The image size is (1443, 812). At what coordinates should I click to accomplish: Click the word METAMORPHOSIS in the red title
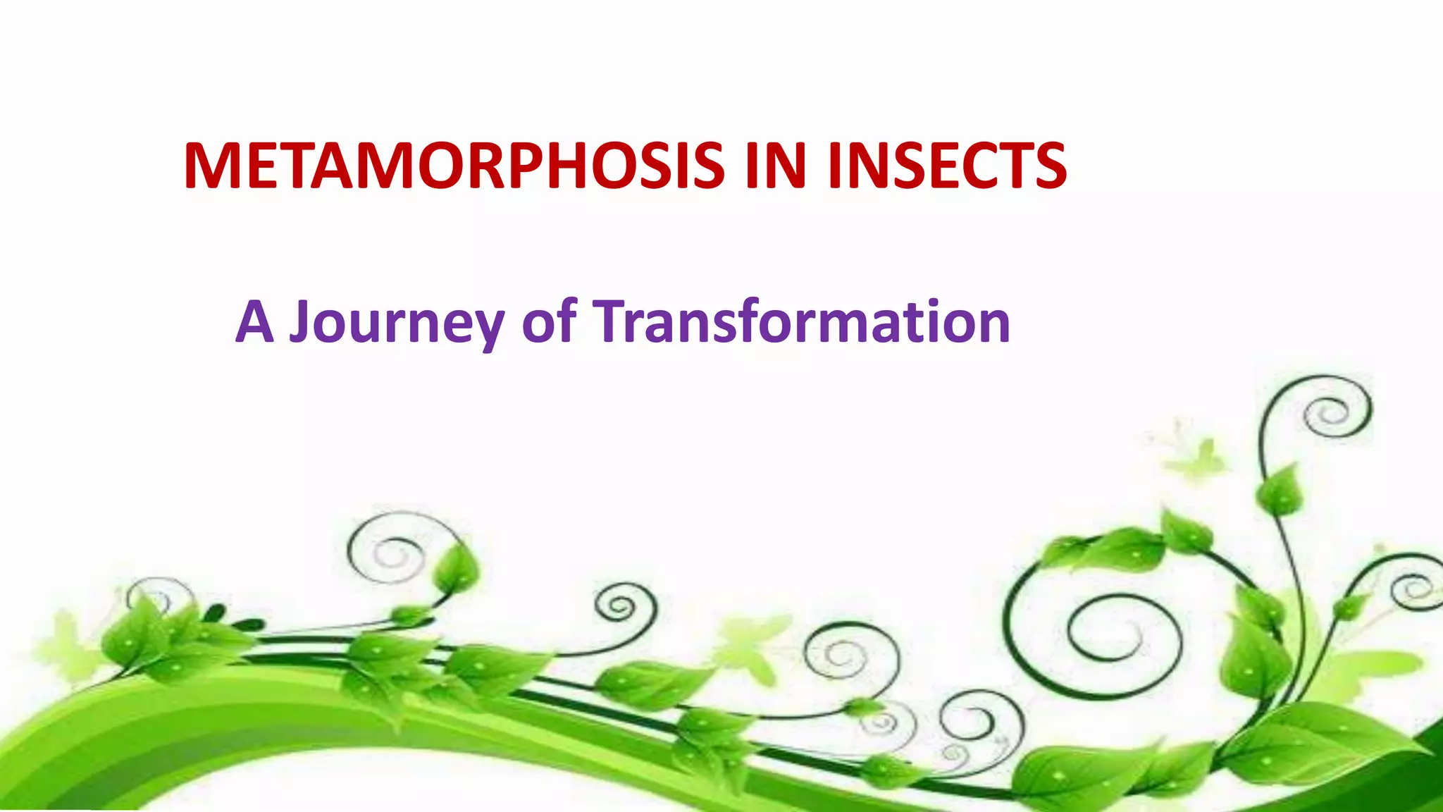tap(454, 166)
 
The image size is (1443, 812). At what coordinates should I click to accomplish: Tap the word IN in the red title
tap(775, 166)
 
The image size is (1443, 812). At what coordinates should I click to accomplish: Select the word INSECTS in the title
tap(947, 166)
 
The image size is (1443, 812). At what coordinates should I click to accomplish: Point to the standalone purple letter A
tap(254, 322)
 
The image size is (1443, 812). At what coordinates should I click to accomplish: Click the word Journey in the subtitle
tap(397, 322)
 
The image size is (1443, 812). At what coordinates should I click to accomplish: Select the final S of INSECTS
tap(1048, 166)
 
